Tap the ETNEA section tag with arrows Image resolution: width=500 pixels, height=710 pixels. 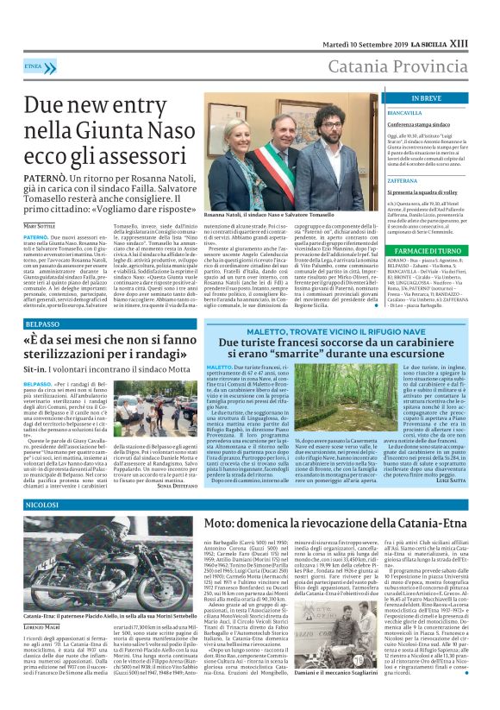tap(34, 66)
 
